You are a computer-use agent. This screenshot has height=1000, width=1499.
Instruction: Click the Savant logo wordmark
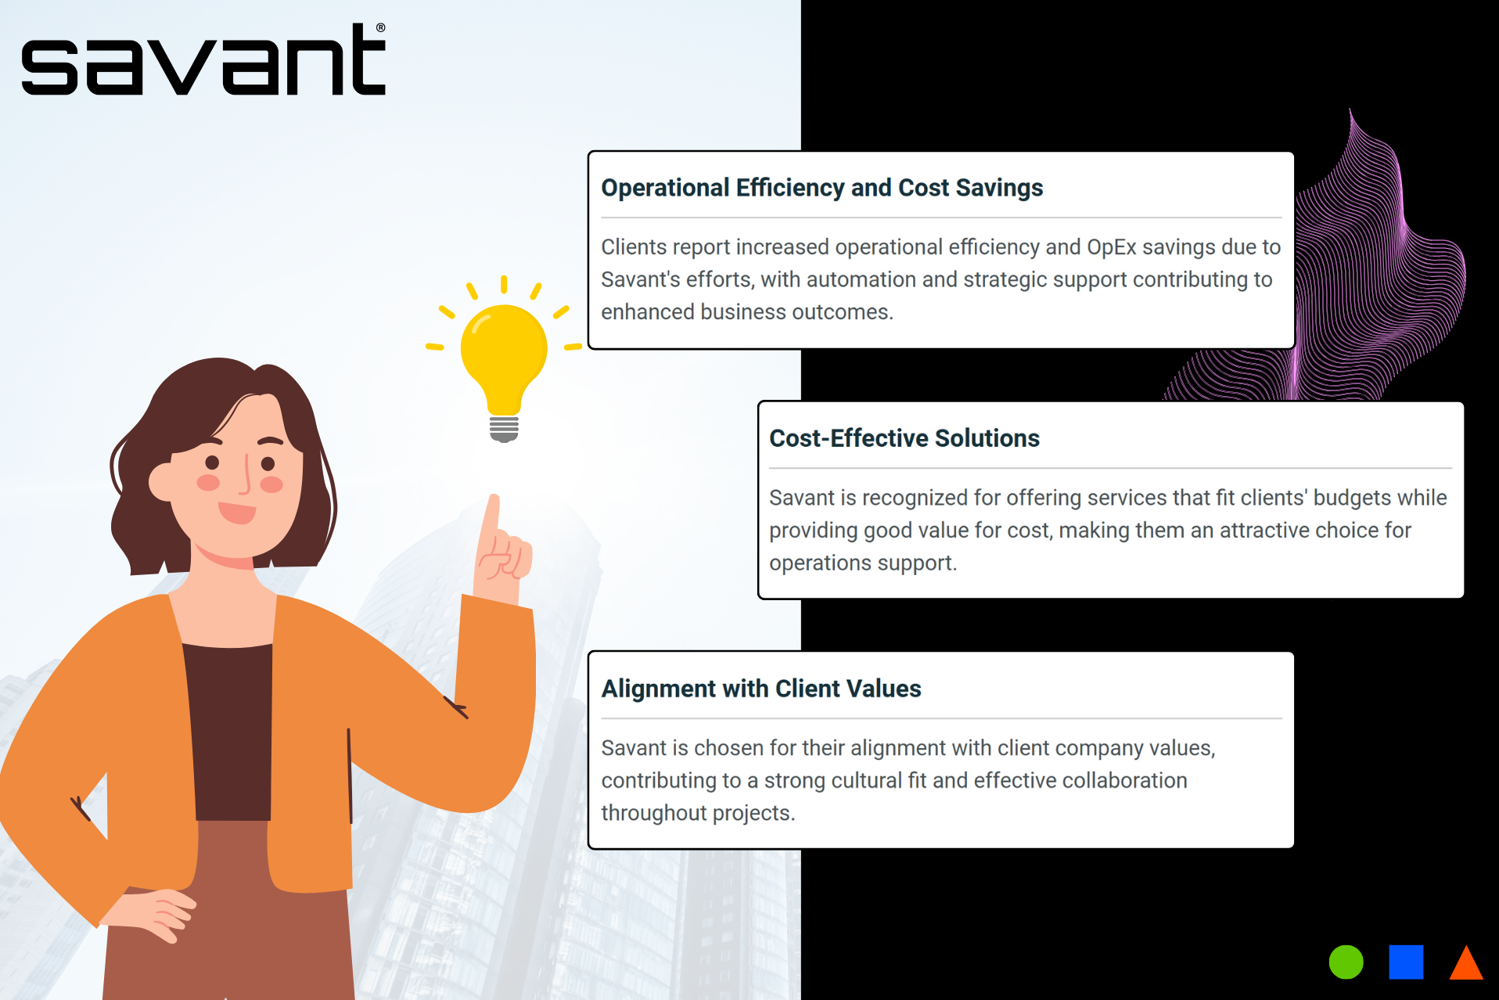tap(203, 59)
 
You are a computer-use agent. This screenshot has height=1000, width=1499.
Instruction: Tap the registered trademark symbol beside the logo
tap(381, 27)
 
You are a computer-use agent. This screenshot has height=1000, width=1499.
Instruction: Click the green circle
tap(1346, 962)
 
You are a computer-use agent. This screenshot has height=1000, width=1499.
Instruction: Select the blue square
tap(1406, 962)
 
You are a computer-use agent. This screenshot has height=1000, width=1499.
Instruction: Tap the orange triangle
tap(1466, 962)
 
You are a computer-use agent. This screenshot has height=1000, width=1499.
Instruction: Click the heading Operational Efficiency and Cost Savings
tap(821, 188)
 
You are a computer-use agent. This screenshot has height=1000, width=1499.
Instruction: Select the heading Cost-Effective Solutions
tap(904, 438)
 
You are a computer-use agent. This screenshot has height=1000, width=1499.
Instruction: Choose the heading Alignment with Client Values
tap(761, 689)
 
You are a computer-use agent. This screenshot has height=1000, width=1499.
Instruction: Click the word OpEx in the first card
tap(1112, 247)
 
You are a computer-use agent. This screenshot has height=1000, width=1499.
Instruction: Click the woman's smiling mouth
tap(237, 513)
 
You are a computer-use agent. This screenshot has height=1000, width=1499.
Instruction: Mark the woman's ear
tap(163, 481)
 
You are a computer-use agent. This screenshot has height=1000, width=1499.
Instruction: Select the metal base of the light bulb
tap(504, 429)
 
